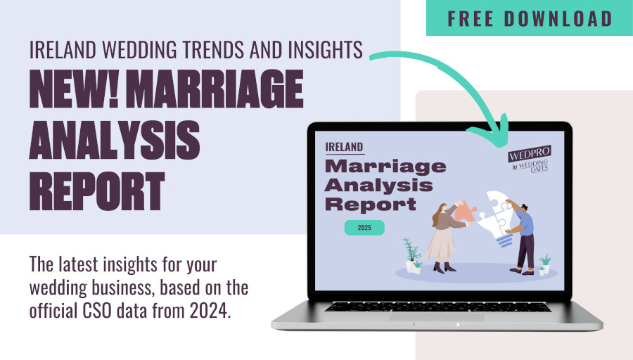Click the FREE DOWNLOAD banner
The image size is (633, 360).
coord(529,18)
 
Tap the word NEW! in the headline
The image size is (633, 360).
coord(75,89)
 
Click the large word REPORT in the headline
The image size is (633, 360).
coord(97,191)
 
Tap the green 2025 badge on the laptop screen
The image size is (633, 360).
coord(364,228)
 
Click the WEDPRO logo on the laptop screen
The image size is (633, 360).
coord(530,159)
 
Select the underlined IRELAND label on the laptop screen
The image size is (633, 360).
coord(345,148)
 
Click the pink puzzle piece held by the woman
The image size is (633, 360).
coord(464,211)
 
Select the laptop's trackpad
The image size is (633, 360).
coord(437,317)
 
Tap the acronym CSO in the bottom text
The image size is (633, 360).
coord(98,311)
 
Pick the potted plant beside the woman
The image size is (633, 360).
coord(411,255)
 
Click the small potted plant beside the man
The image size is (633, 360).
coord(544,265)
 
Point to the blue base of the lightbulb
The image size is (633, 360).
coord(504,240)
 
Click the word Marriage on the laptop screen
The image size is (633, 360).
coord(385,166)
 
